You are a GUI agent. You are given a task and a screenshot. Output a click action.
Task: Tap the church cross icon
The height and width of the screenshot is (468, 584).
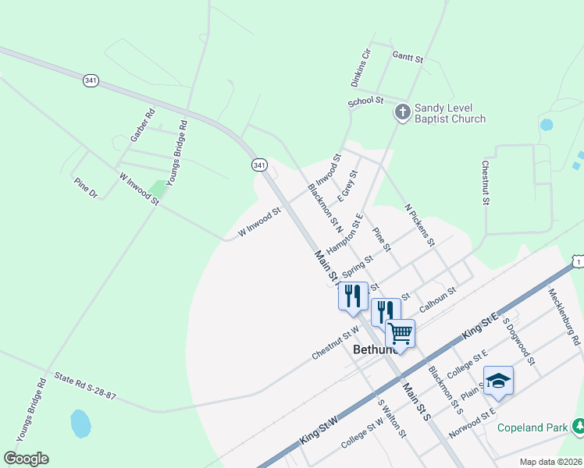[x=402, y=112]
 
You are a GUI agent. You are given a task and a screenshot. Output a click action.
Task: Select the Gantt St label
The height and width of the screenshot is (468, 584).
[x=408, y=58]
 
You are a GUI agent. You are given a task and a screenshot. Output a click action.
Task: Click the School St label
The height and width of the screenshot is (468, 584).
[x=365, y=101]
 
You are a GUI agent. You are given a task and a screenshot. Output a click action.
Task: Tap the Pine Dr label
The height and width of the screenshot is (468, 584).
[x=85, y=187]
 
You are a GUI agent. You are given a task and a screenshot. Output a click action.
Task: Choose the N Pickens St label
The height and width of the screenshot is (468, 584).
[x=419, y=225]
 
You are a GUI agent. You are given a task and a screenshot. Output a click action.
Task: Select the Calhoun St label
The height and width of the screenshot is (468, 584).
[x=437, y=300]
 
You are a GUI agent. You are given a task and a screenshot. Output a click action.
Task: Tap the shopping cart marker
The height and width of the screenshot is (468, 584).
[x=401, y=333]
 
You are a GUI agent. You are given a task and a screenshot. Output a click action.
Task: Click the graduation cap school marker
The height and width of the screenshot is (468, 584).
[x=498, y=381]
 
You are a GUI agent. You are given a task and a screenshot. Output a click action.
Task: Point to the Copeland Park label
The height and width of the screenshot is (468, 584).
[x=535, y=428]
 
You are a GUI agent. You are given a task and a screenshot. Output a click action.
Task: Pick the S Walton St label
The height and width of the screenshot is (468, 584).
[x=393, y=420]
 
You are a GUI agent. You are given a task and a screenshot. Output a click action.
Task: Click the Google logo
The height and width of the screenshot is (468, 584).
[x=26, y=459]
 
